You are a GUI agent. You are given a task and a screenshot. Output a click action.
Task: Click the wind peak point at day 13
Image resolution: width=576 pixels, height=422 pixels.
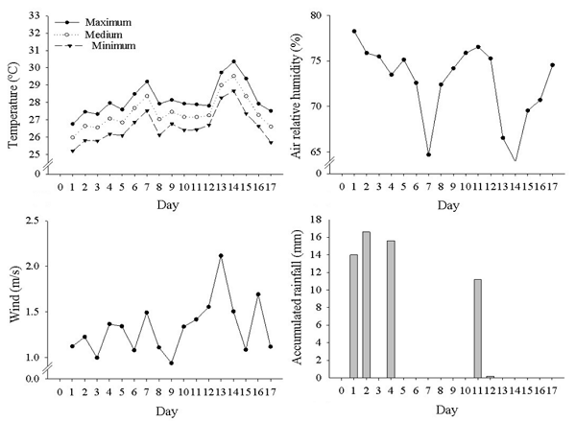click(x=221, y=256)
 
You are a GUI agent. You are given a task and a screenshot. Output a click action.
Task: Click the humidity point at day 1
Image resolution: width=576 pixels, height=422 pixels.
click(x=354, y=32)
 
